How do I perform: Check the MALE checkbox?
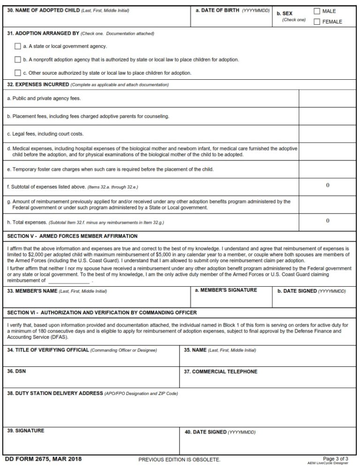click(316, 11)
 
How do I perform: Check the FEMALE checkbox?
click(316, 22)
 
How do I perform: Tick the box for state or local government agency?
click(18, 46)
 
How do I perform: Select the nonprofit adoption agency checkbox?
click(18, 60)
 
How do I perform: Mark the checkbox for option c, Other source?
click(18, 73)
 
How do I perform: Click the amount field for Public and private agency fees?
click(327, 98)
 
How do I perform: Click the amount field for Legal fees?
click(327, 134)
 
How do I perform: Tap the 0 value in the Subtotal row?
click(327, 186)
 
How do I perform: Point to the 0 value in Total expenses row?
click(327, 221)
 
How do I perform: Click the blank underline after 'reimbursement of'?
click(68, 281)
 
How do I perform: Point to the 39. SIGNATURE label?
click(26, 431)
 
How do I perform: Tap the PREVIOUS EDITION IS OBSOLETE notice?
click(179, 460)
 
